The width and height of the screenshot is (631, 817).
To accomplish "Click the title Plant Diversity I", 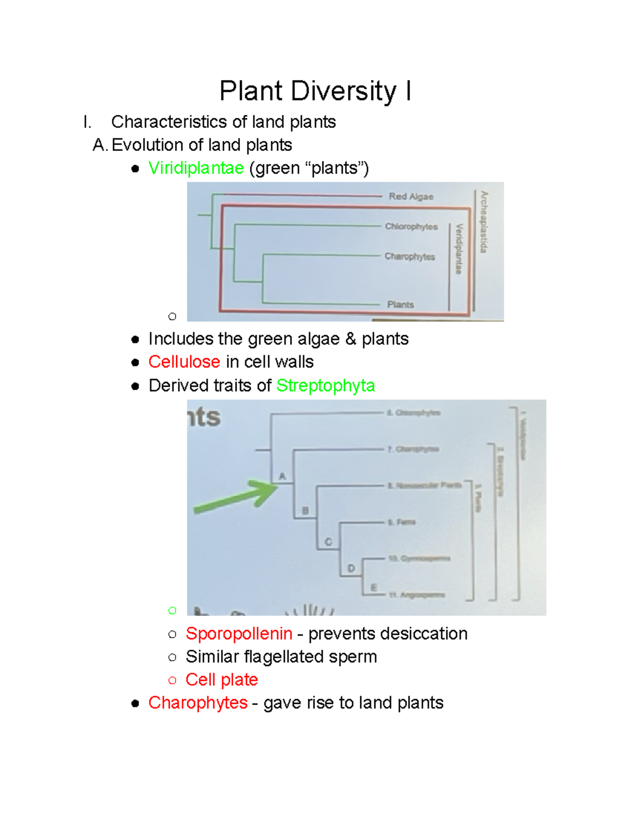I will pyautogui.click(x=315, y=91).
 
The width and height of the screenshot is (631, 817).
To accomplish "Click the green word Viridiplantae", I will pyautogui.click(x=196, y=168).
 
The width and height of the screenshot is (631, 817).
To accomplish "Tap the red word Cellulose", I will pyautogui.click(x=184, y=362).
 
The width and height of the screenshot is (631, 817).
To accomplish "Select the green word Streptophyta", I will pyautogui.click(x=325, y=386).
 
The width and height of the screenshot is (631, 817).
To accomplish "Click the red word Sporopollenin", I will pyautogui.click(x=239, y=633).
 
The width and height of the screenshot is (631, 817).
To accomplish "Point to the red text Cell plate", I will pyautogui.click(x=221, y=680).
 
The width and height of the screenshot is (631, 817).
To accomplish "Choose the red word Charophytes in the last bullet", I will pyautogui.click(x=198, y=703).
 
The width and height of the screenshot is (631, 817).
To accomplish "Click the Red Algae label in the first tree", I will pyautogui.click(x=411, y=197).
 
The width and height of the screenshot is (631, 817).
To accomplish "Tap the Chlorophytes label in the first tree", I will pyautogui.click(x=411, y=227).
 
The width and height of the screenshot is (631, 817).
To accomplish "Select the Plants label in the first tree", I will pyautogui.click(x=400, y=305).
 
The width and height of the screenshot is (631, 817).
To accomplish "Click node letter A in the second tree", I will pyautogui.click(x=282, y=477).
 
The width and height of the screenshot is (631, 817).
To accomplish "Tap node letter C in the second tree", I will pyautogui.click(x=328, y=542).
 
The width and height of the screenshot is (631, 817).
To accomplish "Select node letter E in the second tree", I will pyautogui.click(x=374, y=588).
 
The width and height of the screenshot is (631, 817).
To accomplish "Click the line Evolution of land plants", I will pyautogui.click(x=201, y=145).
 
